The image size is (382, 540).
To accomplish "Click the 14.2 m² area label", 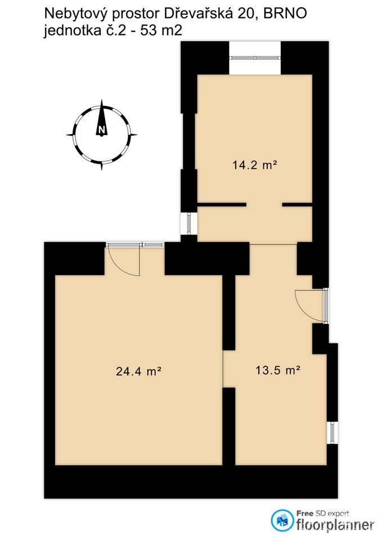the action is coord(255,165).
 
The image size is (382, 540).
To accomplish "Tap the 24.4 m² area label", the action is coord(139,371).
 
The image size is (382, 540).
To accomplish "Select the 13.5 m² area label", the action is coord(277,370).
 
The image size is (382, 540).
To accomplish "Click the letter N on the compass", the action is coord(101,130).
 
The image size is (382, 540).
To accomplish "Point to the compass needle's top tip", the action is coord(102,100).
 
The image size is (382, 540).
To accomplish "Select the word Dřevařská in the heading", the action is coord(197,14).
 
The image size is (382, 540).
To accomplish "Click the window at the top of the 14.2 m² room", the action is coord(255,57).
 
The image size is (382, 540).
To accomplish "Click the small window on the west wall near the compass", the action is coord(188,224).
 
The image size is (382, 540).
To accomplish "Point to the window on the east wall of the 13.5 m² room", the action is coord(332,433).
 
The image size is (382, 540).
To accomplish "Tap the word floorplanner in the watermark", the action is coord(335,525).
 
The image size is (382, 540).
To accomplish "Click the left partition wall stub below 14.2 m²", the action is coord(222,205).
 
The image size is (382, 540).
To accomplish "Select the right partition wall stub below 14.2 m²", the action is coord(297,205).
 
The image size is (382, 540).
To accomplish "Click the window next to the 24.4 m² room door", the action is coord(153,244).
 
